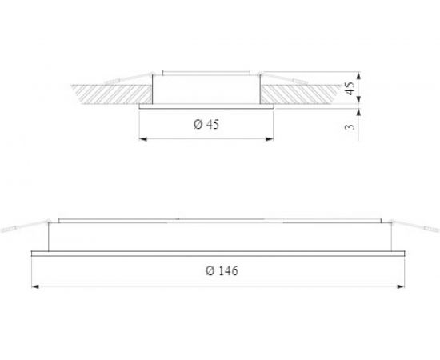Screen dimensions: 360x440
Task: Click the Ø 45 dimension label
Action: point(207,125)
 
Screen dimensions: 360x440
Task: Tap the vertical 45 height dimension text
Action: point(350,89)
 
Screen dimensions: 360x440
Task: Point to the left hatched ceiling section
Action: point(112,93)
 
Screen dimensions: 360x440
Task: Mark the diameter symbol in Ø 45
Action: point(197,125)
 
